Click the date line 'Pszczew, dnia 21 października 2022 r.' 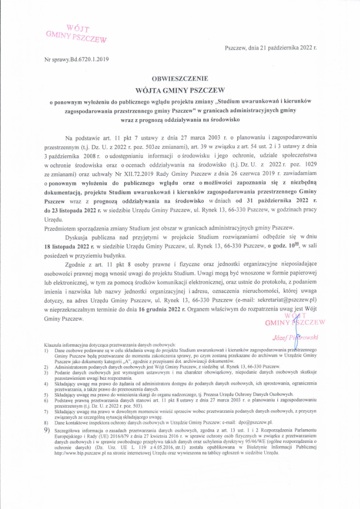point(271,49)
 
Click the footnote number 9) point(47,430)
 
